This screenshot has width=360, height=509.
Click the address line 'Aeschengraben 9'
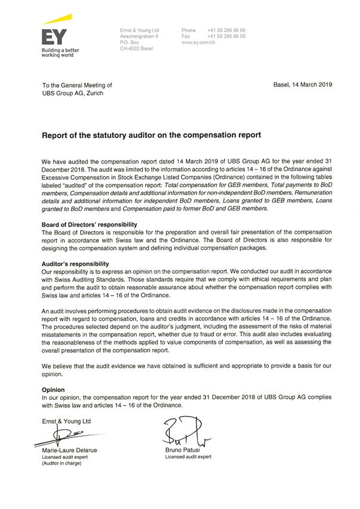point(139,36)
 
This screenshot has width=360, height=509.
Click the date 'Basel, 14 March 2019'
point(303,85)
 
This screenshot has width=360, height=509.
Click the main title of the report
point(151,135)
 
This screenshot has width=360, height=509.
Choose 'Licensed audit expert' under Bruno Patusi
point(188,457)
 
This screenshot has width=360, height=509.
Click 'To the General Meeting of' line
point(77,86)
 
